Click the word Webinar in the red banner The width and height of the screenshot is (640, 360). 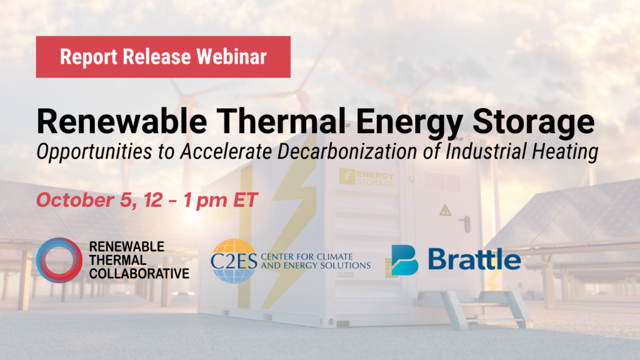[231, 56]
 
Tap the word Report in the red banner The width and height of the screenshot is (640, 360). [89, 57]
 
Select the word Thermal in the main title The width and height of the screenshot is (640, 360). [281, 121]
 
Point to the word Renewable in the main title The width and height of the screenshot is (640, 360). [122, 121]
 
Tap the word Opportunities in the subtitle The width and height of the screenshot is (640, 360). [94, 152]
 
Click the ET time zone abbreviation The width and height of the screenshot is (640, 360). [245, 199]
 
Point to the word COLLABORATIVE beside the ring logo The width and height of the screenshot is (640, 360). [139, 274]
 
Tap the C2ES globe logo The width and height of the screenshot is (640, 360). [233, 261]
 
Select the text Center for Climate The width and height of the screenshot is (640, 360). [306, 257]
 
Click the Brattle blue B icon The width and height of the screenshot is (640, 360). [404, 260]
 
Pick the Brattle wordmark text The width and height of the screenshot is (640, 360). [474, 259]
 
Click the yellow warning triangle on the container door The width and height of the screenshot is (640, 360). [445, 210]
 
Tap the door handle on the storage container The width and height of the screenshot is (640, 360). [466, 224]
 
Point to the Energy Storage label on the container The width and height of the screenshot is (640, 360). [366, 178]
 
